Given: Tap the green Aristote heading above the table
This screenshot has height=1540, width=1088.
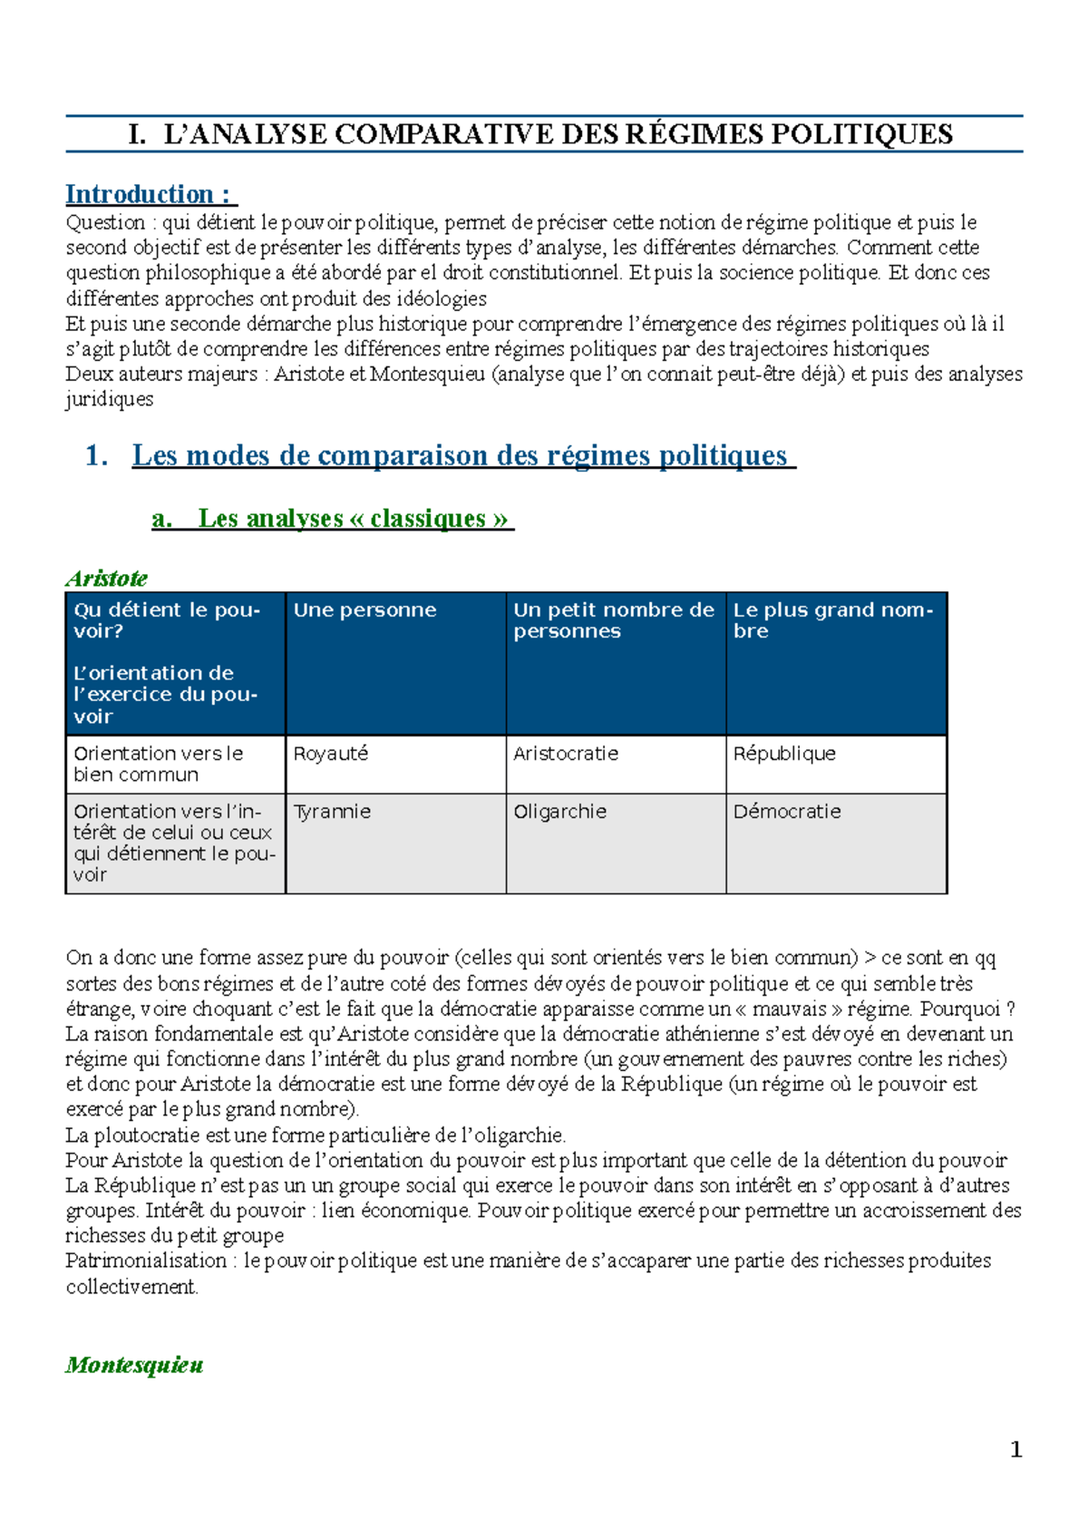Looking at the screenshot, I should [106, 579].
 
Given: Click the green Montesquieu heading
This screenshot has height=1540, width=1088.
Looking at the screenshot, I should [134, 1365].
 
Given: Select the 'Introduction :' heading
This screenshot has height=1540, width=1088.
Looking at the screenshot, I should [150, 194].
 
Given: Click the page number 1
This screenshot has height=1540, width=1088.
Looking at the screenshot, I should [1015, 1449].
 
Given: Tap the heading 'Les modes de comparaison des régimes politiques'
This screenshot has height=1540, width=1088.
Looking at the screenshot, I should [460, 455].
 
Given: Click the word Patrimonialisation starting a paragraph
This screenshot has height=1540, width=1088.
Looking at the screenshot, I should [146, 1261].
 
